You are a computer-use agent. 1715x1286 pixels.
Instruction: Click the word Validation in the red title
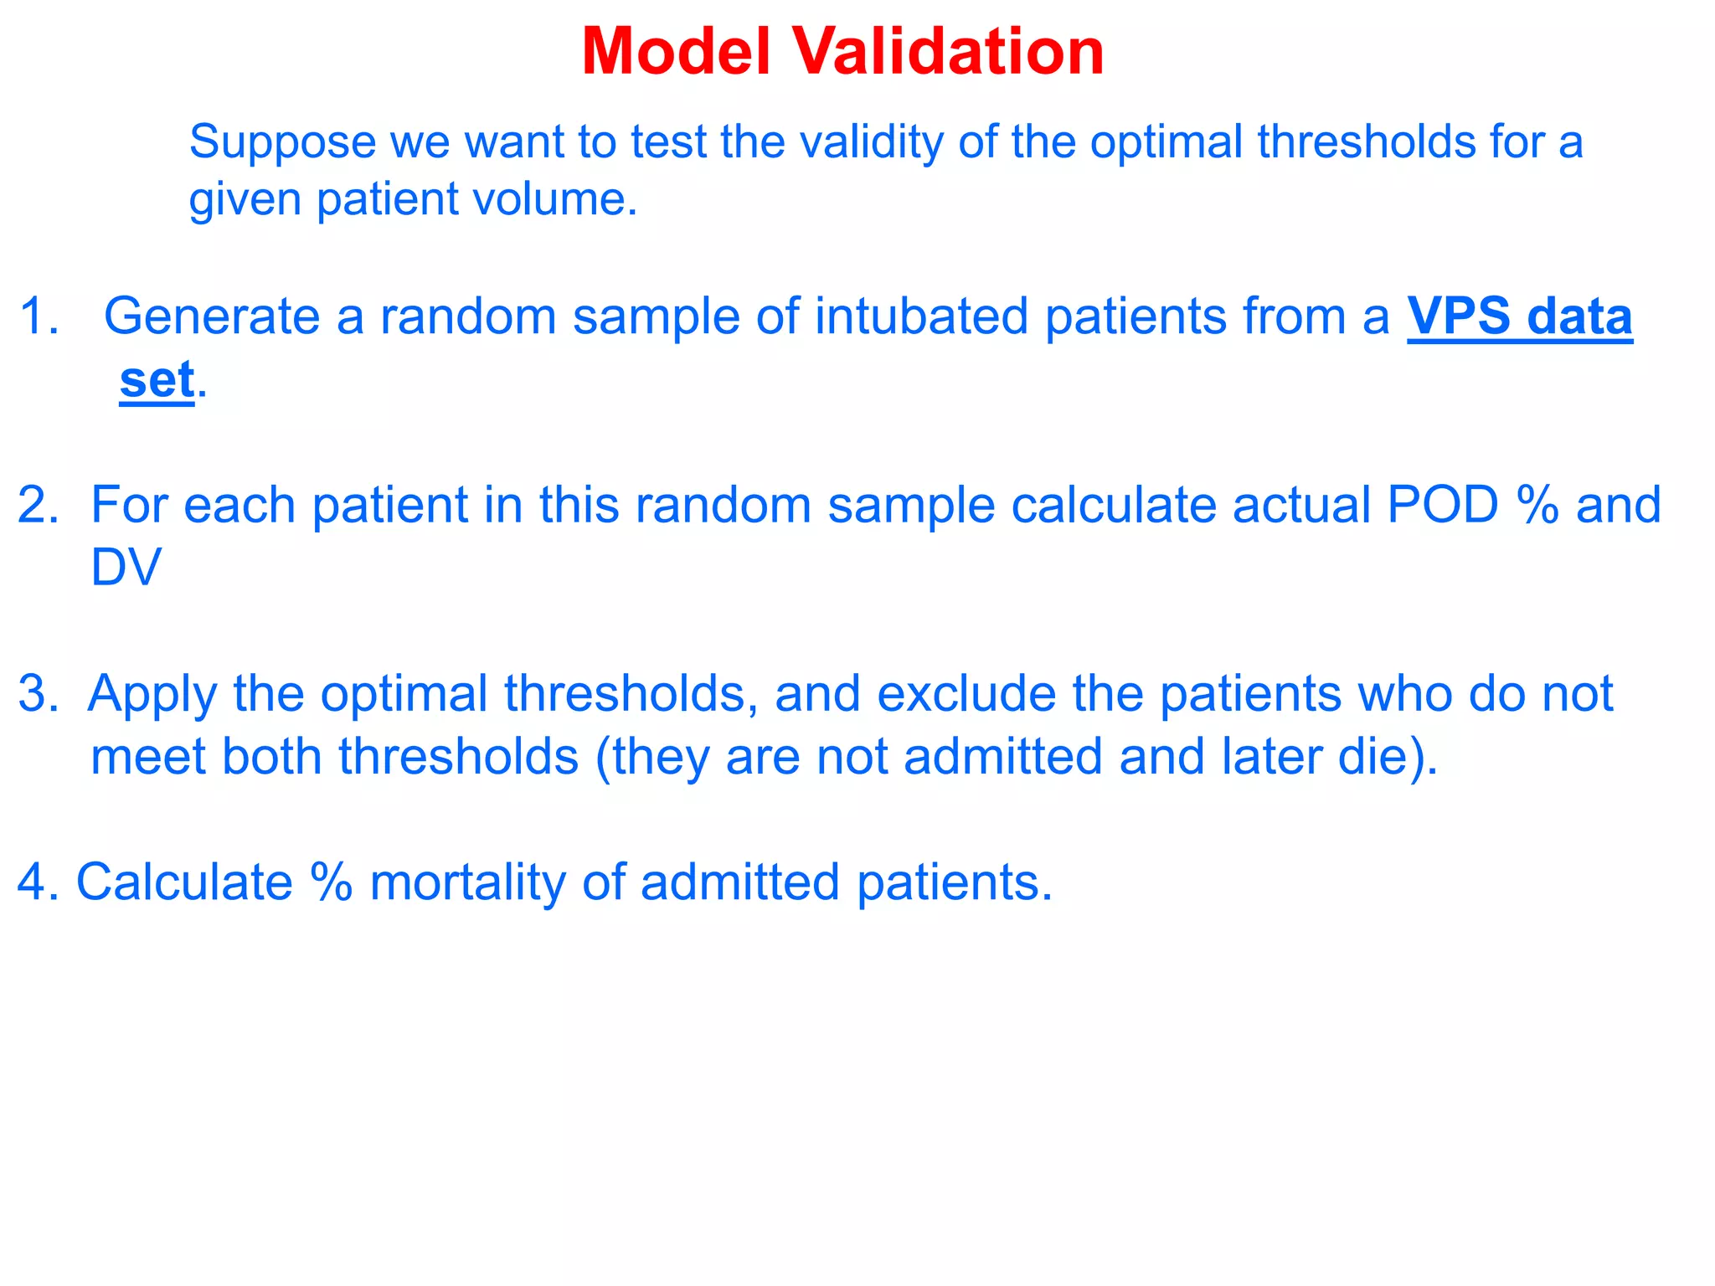click(x=948, y=52)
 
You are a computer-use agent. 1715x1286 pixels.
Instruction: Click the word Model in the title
click(x=675, y=52)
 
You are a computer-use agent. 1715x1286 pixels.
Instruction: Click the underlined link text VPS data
click(x=1519, y=316)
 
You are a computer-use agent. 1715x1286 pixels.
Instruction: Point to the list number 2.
click(x=38, y=505)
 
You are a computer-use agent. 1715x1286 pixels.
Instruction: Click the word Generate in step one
click(x=212, y=316)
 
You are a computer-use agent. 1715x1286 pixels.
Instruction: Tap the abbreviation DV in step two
click(x=126, y=568)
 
